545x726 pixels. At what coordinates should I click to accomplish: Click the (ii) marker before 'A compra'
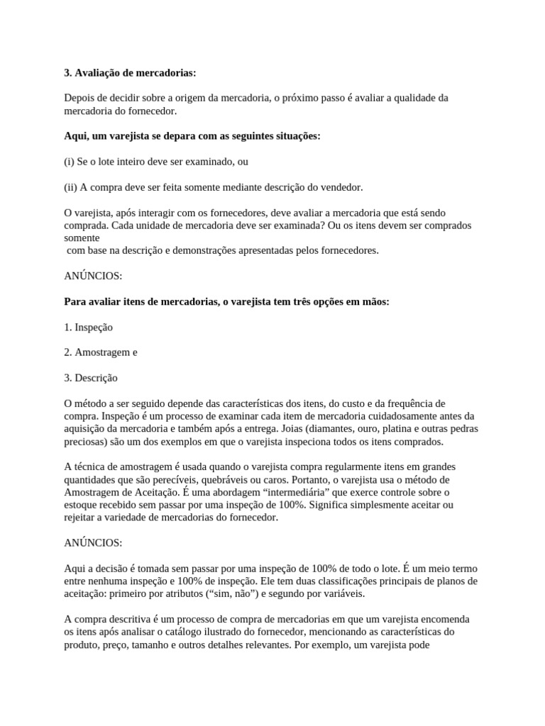coord(70,187)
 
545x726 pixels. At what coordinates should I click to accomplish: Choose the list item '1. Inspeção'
coord(89,328)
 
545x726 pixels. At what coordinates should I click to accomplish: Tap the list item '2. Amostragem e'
coord(101,352)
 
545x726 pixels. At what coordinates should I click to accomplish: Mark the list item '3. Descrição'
coord(91,378)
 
